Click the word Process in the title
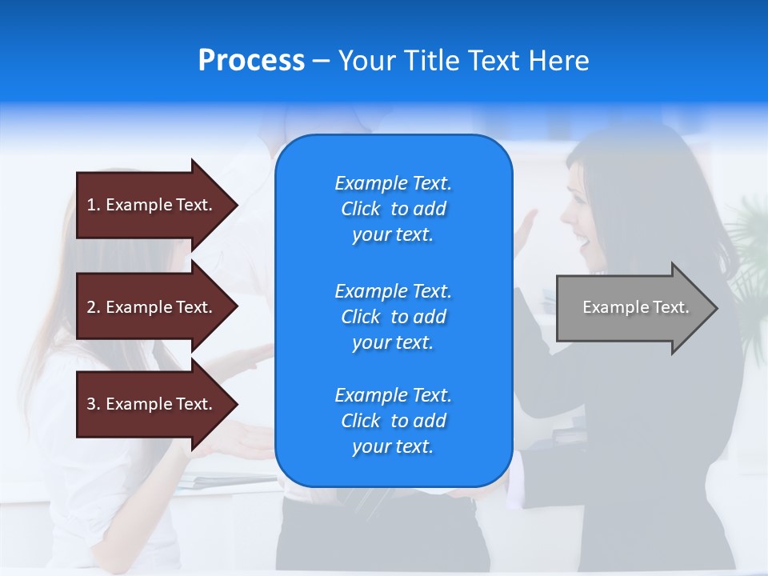(x=251, y=61)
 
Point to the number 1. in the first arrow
(x=94, y=205)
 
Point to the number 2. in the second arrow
(x=94, y=307)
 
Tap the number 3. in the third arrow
(x=94, y=404)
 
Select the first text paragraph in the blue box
(x=393, y=209)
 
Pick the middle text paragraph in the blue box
(x=393, y=317)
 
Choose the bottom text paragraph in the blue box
(x=393, y=421)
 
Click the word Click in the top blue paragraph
(x=361, y=209)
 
